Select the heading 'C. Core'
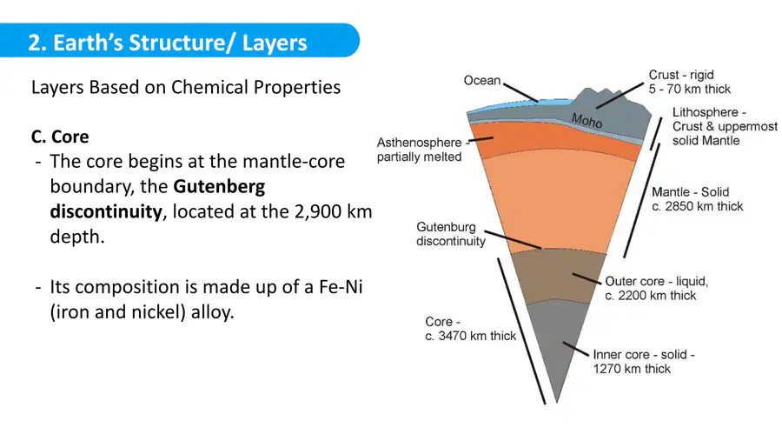coord(60,137)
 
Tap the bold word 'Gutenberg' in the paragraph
coord(219,187)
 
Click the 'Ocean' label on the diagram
coord(481,80)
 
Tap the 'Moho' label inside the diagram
coord(586,120)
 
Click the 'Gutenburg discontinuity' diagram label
coord(451,234)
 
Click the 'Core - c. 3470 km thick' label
coord(470,329)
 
